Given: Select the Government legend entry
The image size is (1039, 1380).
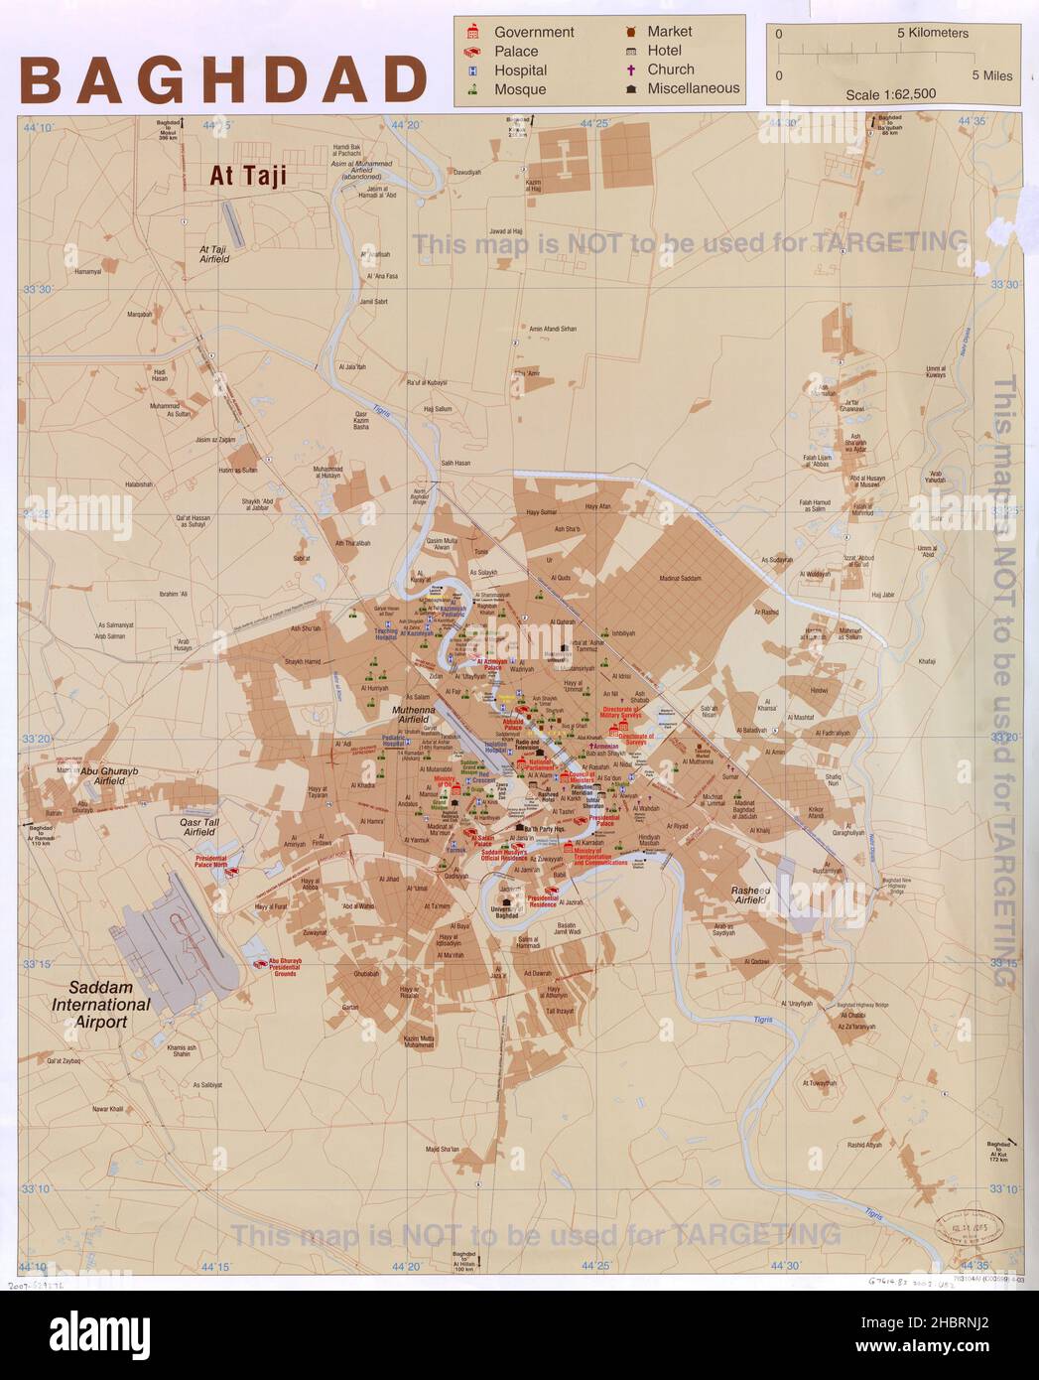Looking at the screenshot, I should click(534, 32).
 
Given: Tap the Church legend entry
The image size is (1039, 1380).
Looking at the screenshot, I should click(671, 69).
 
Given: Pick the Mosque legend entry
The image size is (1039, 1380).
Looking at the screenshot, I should click(520, 89).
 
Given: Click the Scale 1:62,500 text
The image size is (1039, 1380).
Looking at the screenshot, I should click(890, 94).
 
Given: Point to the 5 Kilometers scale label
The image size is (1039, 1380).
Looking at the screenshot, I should click(932, 33).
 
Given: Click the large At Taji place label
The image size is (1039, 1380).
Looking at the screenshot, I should click(247, 176).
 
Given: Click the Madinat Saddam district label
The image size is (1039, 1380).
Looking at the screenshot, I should click(679, 578).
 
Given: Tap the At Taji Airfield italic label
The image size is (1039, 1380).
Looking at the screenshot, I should click(214, 254).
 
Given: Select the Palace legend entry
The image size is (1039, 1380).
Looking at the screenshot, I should click(516, 52).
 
